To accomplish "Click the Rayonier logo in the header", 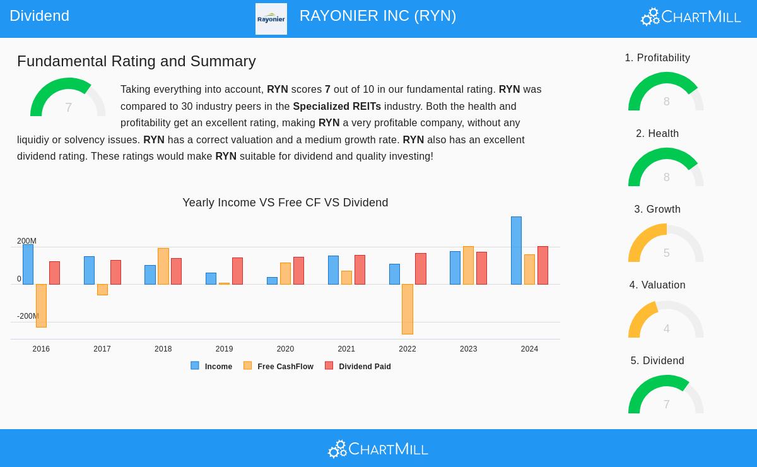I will tap(271, 19).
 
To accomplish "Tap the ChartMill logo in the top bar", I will tap(691, 16).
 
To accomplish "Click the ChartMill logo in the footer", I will tap(378, 449).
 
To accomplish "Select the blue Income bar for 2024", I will tap(516, 251).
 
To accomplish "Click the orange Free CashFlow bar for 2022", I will tap(407, 309).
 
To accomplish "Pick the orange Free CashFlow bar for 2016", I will tap(41, 305).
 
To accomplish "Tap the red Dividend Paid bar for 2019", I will tap(237, 271).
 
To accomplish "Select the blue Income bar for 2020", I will tap(272, 281).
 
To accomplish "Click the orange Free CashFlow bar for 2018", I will tap(163, 266).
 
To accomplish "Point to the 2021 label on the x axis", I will tap(346, 349).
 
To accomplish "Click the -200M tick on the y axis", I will tap(28, 316).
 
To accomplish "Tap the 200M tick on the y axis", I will tap(26, 241).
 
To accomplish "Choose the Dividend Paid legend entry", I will tap(358, 366).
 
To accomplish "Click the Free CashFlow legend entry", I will tap(278, 366).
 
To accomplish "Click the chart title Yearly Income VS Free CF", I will tap(285, 203).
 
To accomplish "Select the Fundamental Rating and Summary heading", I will tap(136, 61).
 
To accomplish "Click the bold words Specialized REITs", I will tap(337, 106).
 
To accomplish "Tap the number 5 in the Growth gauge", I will tap(666, 253).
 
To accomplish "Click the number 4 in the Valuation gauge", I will tap(666, 329).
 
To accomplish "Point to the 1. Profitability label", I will tap(657, 58).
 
